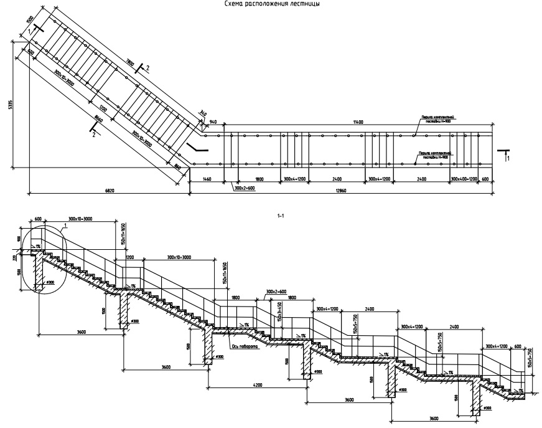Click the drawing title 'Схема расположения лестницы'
click(x=271, y=3)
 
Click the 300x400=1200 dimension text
click(x=464, y=179)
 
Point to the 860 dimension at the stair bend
click(x=178, y=166)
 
